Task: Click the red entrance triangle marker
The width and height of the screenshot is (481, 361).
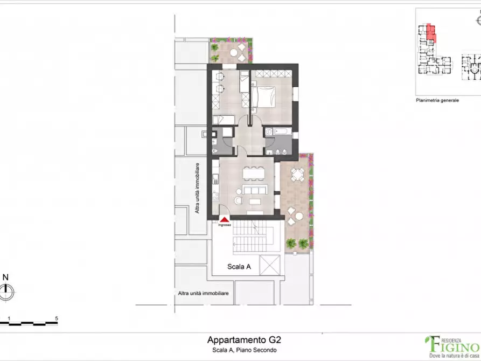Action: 224,219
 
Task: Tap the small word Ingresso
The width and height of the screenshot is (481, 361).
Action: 225,225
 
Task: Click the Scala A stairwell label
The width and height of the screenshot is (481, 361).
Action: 240,266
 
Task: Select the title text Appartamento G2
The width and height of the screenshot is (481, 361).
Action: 244,340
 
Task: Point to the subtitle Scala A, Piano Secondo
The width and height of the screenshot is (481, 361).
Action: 244,350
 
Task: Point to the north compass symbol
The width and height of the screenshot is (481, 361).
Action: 6,293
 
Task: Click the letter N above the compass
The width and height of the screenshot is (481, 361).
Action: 6,277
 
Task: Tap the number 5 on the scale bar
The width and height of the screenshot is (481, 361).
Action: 56,318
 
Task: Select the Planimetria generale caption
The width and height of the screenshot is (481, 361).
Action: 437,100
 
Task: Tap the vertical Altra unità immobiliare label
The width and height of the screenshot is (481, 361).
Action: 198,188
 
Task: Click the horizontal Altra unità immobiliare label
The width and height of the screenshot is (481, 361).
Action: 204,293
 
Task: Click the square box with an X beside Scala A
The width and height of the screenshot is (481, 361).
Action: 269,266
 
